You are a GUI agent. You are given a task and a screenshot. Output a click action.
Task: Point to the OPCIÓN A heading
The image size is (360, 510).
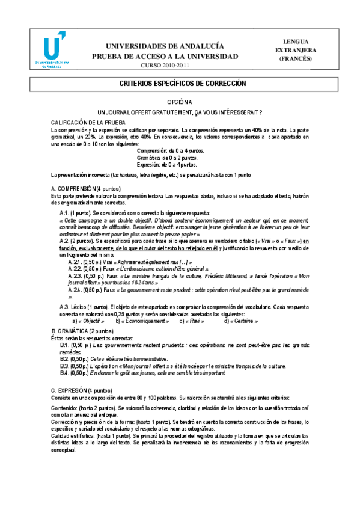click(x=180, y=103)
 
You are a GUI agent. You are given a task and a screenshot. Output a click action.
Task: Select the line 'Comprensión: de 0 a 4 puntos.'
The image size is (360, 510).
click(x=171, y=150)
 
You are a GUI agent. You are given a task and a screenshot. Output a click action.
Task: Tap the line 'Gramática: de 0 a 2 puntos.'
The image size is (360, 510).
click(x=167, y=158)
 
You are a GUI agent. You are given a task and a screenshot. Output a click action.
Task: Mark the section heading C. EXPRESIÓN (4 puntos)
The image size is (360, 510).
click(x=81, y=390)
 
